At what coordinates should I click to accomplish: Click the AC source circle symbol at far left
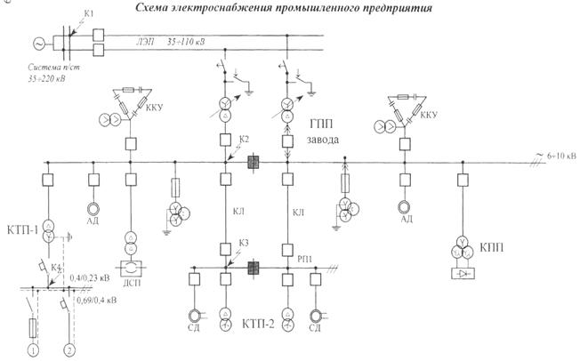[x=38, y=43]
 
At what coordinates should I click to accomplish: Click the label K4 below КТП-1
[x=56, y=268]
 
